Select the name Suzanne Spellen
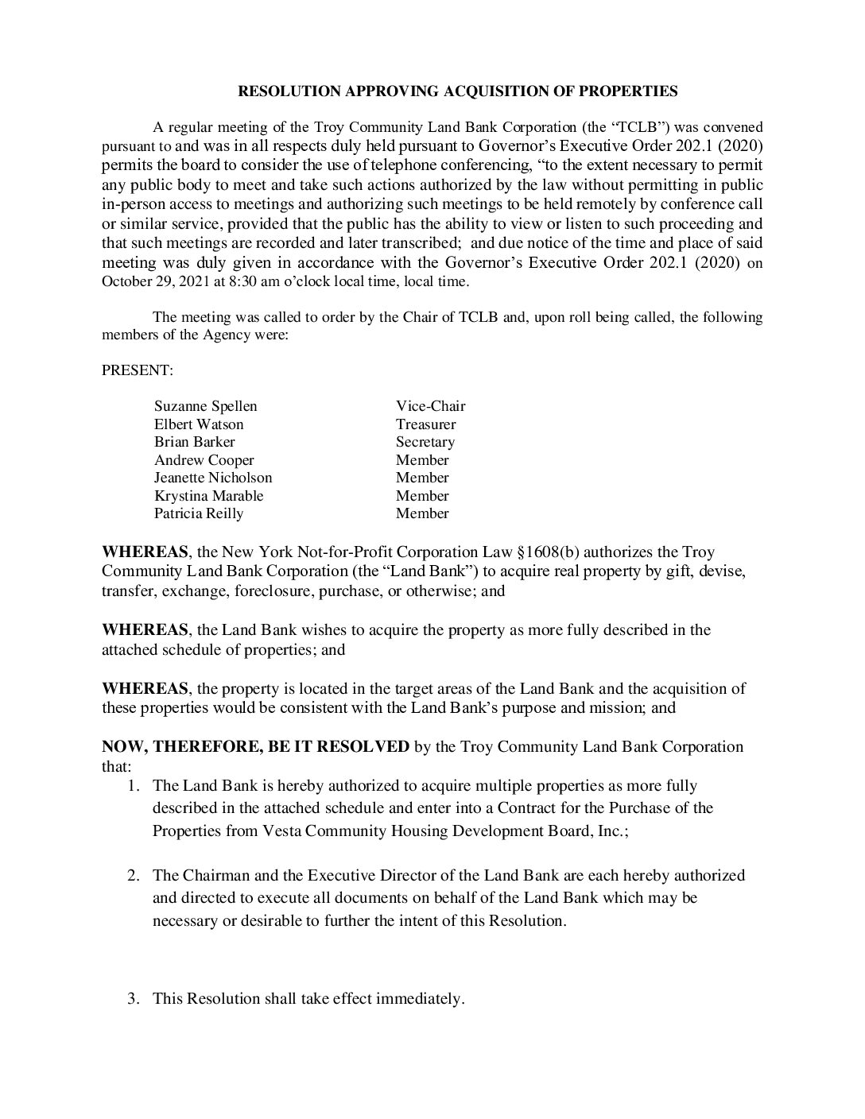(205, 406)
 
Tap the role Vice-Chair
(430, 406)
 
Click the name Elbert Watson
(199, 424)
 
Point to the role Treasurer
(425, 424)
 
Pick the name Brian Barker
(194, 442)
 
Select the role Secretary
(425, 442)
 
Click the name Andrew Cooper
(204, 460)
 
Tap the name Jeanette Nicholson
(212, 478)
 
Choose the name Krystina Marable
(208, 496)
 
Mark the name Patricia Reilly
(199, 513)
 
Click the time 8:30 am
(243, 281)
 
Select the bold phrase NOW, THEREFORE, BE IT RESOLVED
(255, 747)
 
